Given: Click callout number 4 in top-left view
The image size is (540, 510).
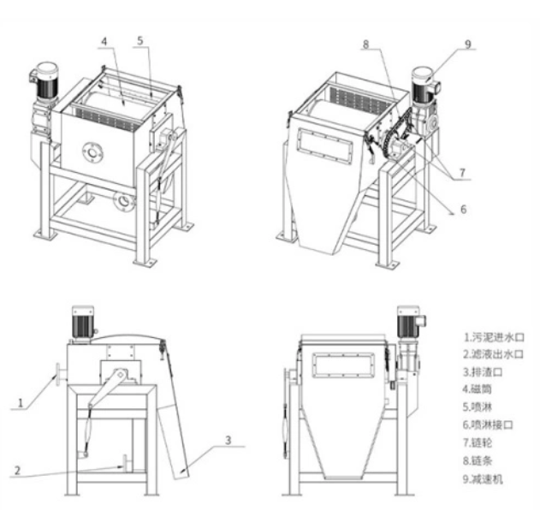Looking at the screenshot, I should [x=104, y=40].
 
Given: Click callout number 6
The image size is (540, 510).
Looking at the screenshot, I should [x=462, y=207].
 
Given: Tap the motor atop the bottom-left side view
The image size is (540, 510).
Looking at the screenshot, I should [x=83, y=321].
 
